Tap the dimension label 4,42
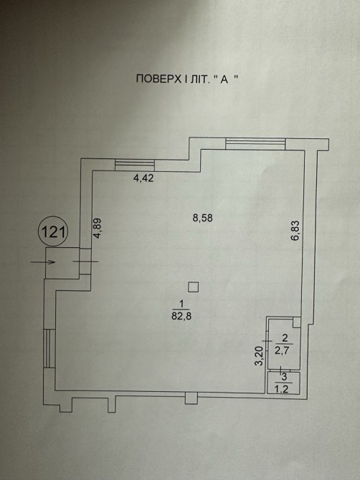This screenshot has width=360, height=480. point(143,178)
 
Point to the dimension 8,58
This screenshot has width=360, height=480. point(202,219)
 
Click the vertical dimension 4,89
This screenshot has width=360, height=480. point(98,228)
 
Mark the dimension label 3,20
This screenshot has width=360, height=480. point(259,356)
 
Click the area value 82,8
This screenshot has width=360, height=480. point(181,316)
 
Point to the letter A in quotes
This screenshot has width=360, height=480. point(224,79)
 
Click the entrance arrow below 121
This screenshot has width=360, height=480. point(42,261)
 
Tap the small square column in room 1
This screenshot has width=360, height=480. point(194,287)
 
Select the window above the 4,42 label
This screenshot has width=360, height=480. point(135,165)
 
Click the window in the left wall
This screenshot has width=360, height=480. point(49,348)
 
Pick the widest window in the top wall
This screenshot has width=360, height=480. point(255,143)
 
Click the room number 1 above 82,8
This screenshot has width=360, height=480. point(181,304)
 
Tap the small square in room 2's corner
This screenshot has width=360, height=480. point(297,322)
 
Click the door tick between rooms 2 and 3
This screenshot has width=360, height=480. point(280,370)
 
